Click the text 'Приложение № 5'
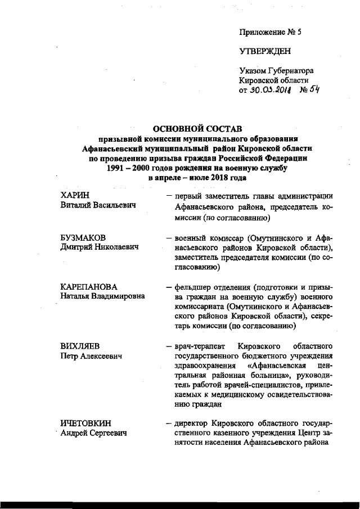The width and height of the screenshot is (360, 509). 271,32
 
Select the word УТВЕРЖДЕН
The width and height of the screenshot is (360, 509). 265,52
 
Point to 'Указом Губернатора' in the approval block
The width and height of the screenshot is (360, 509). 276,70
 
